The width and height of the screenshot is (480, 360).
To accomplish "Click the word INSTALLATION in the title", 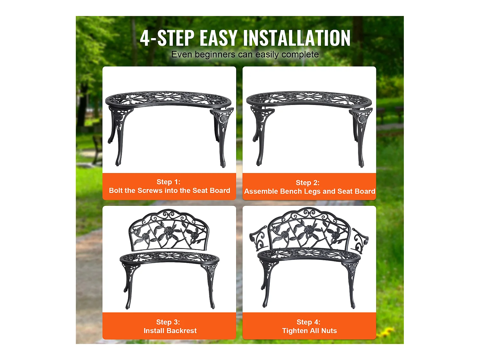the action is click(x=296, y=38).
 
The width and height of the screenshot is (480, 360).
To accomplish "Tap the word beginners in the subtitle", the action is click(x=215, y=54).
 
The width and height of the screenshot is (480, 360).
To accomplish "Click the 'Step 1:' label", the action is click(x=168, y=182).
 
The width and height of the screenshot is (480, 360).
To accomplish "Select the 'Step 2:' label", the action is click(x=308, y=182).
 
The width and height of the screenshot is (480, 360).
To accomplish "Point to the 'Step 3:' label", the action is click(x=168, y=322).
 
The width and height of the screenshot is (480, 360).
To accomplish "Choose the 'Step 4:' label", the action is click(x=308, y=322).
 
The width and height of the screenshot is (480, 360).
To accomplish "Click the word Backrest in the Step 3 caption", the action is click(x=181, y=331).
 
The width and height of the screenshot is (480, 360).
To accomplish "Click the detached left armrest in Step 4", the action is click(x=258, y=239).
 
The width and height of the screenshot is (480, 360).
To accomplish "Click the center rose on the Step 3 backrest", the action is click(x=168, y=230).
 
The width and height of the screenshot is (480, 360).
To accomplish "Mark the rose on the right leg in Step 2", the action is click(x=363, y=118).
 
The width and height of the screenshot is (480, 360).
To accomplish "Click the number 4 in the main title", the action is click(x=145, y=38).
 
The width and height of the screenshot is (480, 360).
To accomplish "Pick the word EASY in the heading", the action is click(x=219, y=38).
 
